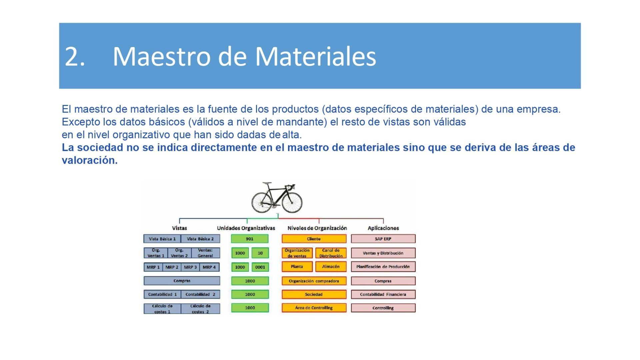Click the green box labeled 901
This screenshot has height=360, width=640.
click(x=250, y=239)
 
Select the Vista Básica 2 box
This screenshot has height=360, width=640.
click(x=200, y=239)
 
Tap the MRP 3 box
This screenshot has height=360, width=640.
click(x=190, y=267)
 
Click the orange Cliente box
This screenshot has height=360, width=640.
click(x=314, y=239)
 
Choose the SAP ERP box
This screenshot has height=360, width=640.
click(x=383, y=239)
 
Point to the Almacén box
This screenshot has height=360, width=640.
click(x=331, y=267)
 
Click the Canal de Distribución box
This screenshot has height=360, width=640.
click(x=331, y=253)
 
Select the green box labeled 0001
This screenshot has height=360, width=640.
click(x=260, y=267)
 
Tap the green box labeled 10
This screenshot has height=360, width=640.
click(x=260, y=253)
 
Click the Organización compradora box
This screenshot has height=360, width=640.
click(x=314, y=281)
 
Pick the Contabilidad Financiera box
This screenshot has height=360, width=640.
click(x=383, y=294)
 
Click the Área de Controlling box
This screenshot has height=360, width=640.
click(x=314, y=308)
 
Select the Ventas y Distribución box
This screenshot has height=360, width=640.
click(x=383, y=253)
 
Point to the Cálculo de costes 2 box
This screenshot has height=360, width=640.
click(x=200, y=309)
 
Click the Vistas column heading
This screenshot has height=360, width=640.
click(x=179, y=228)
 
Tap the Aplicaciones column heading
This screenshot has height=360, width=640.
click(x=383, y=228)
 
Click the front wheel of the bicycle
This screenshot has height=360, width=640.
click(x=292, y=201)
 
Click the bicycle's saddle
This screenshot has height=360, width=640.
click(x=267, y=183)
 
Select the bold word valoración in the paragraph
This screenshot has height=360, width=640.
click(x=90, y=160)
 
